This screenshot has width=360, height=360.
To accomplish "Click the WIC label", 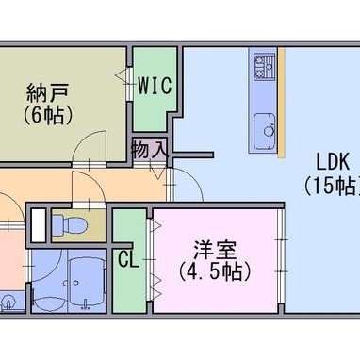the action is click(x=155, y=85).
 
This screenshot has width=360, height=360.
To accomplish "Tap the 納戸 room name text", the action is click(x=47, y=93).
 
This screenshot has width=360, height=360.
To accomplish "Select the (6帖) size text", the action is click(x=47, y=115).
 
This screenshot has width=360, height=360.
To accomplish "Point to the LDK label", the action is click(x=333, y=162).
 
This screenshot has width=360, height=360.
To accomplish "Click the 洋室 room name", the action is click(x=215, y=250).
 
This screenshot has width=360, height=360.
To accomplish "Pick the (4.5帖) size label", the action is click(x=215, y=271).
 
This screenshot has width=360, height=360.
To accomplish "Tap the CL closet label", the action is click(x=128, y=259).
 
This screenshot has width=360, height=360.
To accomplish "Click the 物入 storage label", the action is click(x=150, y=149).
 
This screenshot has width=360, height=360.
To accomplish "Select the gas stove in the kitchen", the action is click(x=264, y=67).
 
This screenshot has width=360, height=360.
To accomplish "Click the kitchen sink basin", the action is click(x=265, y=131).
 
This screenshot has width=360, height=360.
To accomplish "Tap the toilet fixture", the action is click(x=70, y=224).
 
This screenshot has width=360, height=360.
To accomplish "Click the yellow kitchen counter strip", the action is click(x=281, y=103).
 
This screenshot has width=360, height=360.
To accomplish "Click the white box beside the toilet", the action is click(x=39, y=224).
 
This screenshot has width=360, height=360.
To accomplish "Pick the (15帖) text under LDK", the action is click(x=332, y=186).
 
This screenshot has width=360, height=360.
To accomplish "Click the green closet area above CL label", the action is click(x=129, y=225).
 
